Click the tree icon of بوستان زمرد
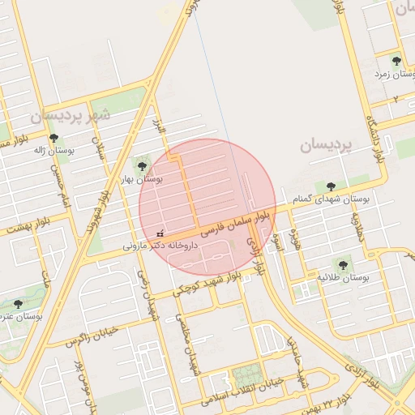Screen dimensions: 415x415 [x=396, y=61]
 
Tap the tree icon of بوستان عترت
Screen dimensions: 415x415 [x=18, y=304]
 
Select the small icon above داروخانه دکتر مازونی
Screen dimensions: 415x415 [x=160, y=233]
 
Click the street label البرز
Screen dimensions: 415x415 [x=158, y=126]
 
